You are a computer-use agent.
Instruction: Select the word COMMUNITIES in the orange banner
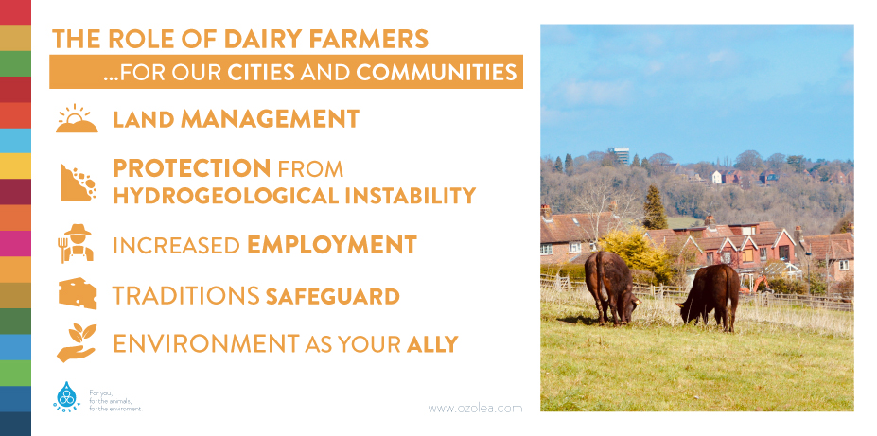(436, 73)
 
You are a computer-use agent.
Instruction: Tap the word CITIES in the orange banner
(261, 73)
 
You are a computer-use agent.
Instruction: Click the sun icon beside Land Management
(77, 118)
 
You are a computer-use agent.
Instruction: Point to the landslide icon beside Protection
(79, 183)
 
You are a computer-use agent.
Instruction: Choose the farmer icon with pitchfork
(76, 243)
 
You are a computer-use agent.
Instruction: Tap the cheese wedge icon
(78, 293)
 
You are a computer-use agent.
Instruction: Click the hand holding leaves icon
(77, 342)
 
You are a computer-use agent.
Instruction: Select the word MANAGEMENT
(270, 119)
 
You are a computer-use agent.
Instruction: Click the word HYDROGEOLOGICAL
(226, 196)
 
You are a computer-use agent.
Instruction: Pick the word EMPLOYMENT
(332, 245)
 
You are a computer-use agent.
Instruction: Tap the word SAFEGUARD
(332, 296)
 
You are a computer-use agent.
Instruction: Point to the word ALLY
(432, 344)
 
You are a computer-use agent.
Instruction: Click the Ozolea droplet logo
(67, 397)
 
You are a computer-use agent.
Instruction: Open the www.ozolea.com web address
(475, 409)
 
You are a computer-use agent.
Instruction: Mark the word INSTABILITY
(410, 196)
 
